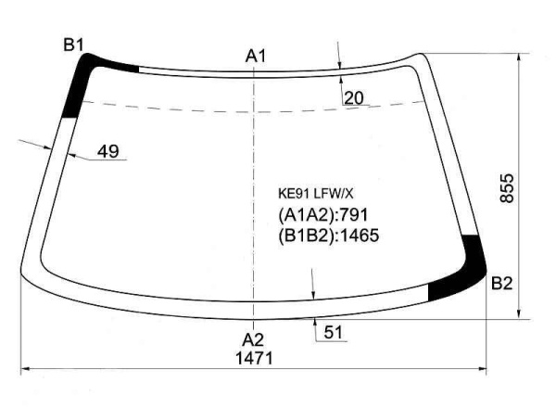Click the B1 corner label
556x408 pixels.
[x=73, y=45]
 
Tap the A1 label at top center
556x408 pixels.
[x=256, y=56]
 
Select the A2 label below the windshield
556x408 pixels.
[x=253, y=340]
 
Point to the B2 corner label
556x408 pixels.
[x=502, y=284]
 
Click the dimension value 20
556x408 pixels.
[x=354, y=98]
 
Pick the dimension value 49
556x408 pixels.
[x=108, y=151]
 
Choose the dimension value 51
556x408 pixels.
[x=334, y=333]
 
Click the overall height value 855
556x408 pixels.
[x=507, y=188]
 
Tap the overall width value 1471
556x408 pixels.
[x=254, y=358]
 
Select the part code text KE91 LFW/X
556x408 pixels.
[x=316, y=194]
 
